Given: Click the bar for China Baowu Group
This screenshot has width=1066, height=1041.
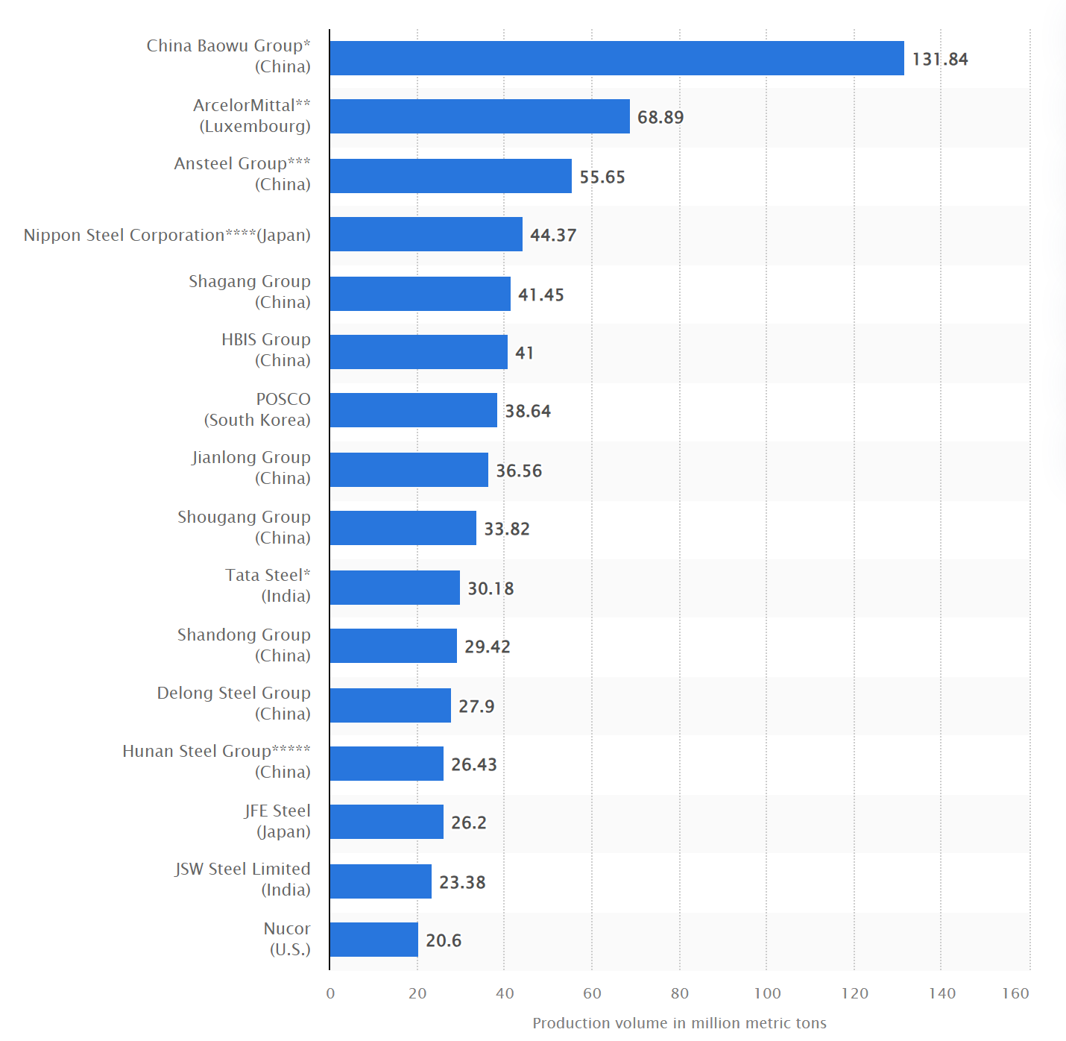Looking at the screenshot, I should coord(616,58).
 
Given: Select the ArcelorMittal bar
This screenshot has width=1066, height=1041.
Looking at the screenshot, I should coord(479,116).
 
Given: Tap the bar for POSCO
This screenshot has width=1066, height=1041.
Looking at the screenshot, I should coord(413,410).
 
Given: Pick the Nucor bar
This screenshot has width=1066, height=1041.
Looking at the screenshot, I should coord(373,940).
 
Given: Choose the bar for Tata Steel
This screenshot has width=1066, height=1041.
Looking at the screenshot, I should coord(394,588).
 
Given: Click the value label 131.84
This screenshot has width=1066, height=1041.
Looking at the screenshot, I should coord(940,59).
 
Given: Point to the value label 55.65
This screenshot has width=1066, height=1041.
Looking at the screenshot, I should coord(602,177).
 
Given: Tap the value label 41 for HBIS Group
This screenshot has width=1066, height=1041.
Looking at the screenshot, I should coord(524,353).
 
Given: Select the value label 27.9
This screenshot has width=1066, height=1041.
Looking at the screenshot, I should coord(476,706).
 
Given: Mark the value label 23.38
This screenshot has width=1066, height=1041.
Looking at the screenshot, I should coord(462,882).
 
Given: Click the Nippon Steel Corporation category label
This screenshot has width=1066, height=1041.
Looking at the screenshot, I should coord(167,235).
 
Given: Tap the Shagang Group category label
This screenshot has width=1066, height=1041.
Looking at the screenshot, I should coord(249,292).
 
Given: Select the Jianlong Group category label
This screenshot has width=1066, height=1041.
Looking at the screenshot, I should coord(250,468).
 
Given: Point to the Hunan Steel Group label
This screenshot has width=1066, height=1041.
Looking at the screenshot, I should coord(216,761).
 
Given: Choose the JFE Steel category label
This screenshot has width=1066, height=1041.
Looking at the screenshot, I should coord(277,821).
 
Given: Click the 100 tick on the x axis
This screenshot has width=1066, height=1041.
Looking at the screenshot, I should coord(767,993).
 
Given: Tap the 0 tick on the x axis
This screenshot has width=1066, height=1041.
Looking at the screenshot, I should coord(330,993).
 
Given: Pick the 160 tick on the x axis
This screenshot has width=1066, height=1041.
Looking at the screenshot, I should coord(1015,993).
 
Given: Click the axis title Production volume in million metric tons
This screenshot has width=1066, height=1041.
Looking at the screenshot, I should coord(679,1023).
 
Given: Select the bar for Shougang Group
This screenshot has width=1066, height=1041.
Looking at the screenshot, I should coord(403,528).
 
